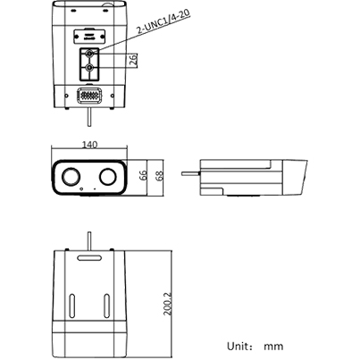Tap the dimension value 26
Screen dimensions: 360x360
[x=132, y=61]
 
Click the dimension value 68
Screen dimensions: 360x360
[x=160, y=176]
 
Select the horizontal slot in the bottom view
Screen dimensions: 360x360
[x=89, y=262]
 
